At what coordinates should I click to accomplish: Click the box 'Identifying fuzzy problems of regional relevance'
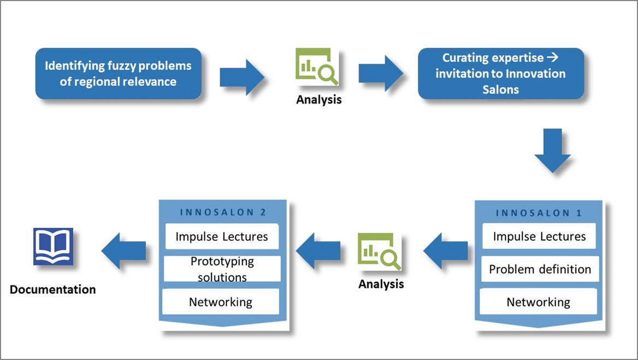click(119, 74)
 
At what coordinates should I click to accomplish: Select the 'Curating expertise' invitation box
click(501, 74)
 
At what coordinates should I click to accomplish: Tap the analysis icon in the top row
click(317, 66)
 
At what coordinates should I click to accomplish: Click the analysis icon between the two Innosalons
click(379, 251)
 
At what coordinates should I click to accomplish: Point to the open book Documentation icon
click(54, 246)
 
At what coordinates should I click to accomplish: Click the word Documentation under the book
click(53, 289)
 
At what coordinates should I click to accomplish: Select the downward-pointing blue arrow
click(553, 151)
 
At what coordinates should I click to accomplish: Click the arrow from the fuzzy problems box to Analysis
click(242, 77)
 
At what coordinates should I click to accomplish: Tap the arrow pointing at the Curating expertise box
click(381, 73)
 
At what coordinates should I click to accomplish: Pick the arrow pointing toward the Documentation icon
click(123, 251)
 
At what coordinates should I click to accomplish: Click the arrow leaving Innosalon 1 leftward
click(446, 251)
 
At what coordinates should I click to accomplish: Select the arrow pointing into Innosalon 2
click(318, 251)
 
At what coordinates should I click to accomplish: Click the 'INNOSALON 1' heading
click(539, 213)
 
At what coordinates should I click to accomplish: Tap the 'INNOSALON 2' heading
click(223, 212)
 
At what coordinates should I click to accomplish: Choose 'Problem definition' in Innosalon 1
click(540, 269)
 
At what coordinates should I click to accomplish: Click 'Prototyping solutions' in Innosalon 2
click(222, 269)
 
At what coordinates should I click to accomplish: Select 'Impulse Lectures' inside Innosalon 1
click(539, 236)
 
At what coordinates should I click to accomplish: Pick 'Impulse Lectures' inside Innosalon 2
click(222, 237)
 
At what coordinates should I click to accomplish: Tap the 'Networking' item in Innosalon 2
click(221, 302)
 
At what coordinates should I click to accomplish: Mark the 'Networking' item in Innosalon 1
click(539, 302)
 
